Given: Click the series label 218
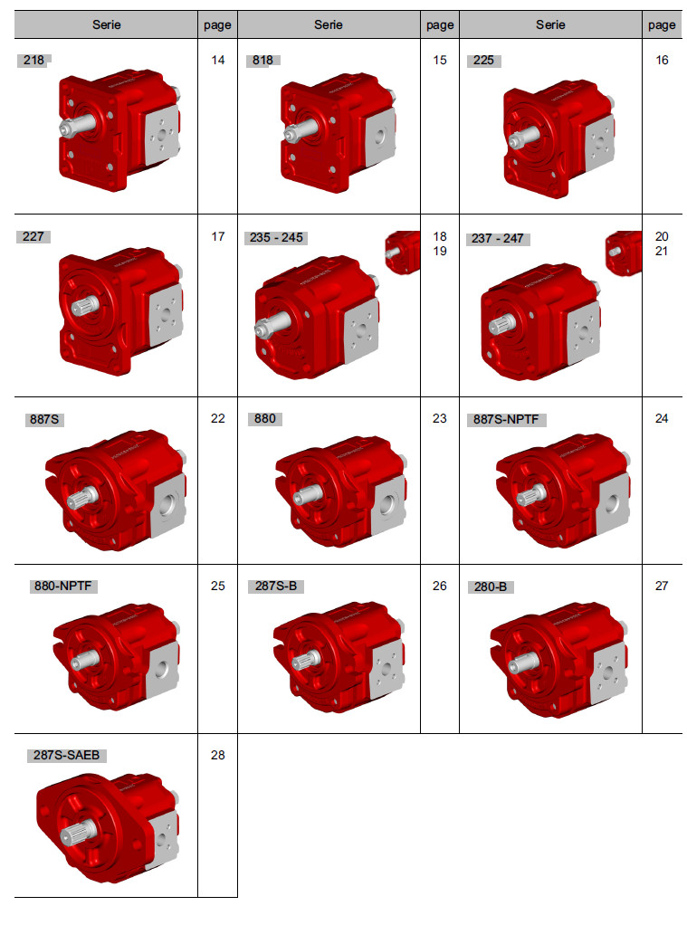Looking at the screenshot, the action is (x=33, y=60).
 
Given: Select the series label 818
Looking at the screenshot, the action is (x=262, y=60).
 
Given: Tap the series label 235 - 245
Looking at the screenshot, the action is (x=276, y=238).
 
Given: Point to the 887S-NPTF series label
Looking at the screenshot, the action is (x=506, y=419).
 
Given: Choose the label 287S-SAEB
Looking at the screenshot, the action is (x=66, y=755).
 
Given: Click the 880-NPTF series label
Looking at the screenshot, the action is (x=62, y=586).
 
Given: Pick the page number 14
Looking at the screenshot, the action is (x=218, y=60).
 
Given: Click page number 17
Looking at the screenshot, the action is (x=218, y=236).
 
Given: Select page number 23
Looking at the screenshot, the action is (x=440, y=418).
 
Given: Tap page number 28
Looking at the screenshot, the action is (x=218, y=755).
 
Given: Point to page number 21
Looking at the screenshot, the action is (x=662, y=252).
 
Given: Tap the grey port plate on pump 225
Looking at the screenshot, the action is (x=599, y=141).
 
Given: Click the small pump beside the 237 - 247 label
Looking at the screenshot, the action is (x=624, y=253).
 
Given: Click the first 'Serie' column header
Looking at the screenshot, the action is (x=106, y=24).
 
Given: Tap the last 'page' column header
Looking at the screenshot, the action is (x=662, y=25).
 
